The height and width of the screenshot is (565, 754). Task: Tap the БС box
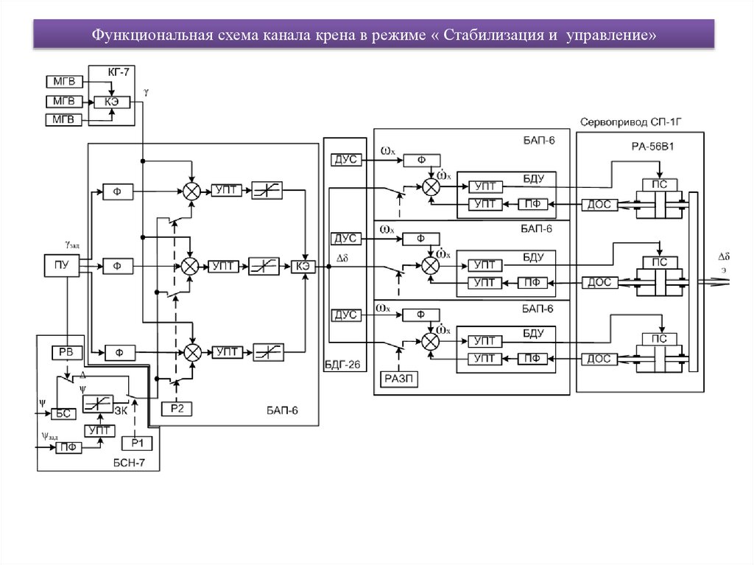(64, 414)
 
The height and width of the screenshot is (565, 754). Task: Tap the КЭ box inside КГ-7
(112, 101)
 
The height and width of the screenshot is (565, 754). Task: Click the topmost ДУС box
(345, 159)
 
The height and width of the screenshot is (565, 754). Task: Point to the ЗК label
(121, 411)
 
